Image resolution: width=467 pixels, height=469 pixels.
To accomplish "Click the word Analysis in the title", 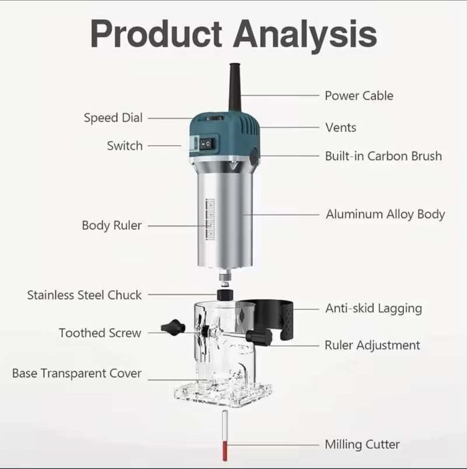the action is (305, 35).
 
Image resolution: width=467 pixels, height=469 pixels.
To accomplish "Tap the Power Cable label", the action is (359, 96).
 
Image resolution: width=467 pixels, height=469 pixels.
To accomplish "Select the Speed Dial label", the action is (113, 118).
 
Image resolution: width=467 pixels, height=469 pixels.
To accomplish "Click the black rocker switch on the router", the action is (206, 144).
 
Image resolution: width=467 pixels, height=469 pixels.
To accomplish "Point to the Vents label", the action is (340, 127).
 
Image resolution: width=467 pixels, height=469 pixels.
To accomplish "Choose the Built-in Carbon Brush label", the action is (383, 156).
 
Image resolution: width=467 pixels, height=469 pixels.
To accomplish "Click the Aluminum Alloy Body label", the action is (385, 215).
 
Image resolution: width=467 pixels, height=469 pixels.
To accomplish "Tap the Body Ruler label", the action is (112, 225).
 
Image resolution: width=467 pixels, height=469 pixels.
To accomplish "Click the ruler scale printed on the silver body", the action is (210, 219).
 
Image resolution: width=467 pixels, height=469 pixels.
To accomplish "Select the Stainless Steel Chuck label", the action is (84, 295).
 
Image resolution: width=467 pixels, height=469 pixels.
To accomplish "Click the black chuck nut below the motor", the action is (225, 295).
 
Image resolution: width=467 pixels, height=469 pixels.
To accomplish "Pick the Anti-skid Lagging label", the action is (374, 309).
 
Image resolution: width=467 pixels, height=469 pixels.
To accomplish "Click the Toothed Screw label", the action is (100, 333).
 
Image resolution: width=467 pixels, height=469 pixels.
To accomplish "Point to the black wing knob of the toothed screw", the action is (173, 327).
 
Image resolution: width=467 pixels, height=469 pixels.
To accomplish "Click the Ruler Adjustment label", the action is (373, 345).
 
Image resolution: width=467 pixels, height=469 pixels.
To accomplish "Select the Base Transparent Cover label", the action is (76, 373).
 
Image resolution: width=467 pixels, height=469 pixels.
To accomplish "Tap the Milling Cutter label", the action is (362, 444).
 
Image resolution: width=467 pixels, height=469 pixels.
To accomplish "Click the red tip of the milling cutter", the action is (225, 450).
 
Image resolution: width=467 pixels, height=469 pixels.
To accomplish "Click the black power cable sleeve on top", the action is (235, 87).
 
